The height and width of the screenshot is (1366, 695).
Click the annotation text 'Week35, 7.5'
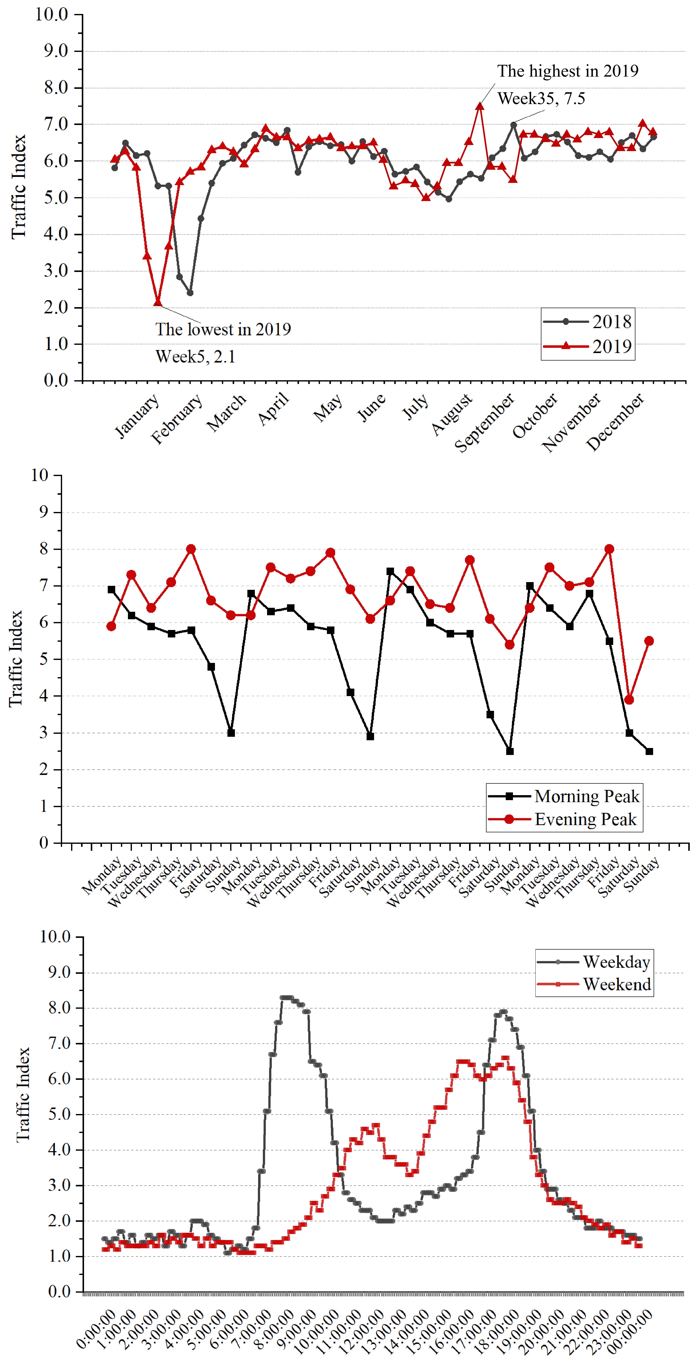(541, 99)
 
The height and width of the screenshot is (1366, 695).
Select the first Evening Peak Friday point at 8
(191, 549)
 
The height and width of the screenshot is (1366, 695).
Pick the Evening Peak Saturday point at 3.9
(629, 700)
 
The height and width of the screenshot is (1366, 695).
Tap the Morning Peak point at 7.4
(390, 571)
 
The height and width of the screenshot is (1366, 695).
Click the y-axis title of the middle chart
(16, 659)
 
